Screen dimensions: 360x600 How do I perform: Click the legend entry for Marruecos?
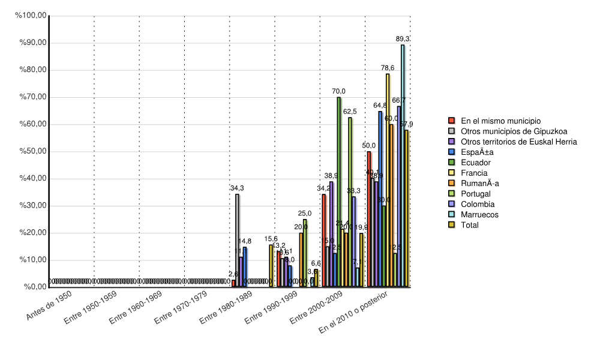click(x=479, y=214)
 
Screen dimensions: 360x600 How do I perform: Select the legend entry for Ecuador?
click(x=476, y=163)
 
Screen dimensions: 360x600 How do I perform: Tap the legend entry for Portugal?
click(x=476, y=194)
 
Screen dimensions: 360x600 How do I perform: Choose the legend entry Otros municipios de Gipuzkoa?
click(x=514, y=131)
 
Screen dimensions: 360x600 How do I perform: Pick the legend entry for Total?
click(x=471, y=225)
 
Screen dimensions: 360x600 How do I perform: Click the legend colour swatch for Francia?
click(x=453, y=173)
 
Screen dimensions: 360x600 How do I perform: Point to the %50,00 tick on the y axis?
click(x=34, y=152)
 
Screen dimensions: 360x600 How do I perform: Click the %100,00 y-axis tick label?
click(x=32, y=16)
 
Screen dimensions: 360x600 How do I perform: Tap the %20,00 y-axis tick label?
click(x=34, y=233)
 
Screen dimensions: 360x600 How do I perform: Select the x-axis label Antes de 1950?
click(x=50, y=306)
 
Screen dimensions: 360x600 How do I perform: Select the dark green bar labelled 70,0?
click(x=339, y=192)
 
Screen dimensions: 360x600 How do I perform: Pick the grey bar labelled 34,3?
click(x=237, y=240)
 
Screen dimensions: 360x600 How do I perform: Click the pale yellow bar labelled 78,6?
click(x=388, y=180)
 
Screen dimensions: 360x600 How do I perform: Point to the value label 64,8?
click(x=380, y=106)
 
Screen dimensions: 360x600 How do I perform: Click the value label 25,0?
click(x=305, y=214)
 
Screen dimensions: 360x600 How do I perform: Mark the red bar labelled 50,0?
click(x=369, y=219)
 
